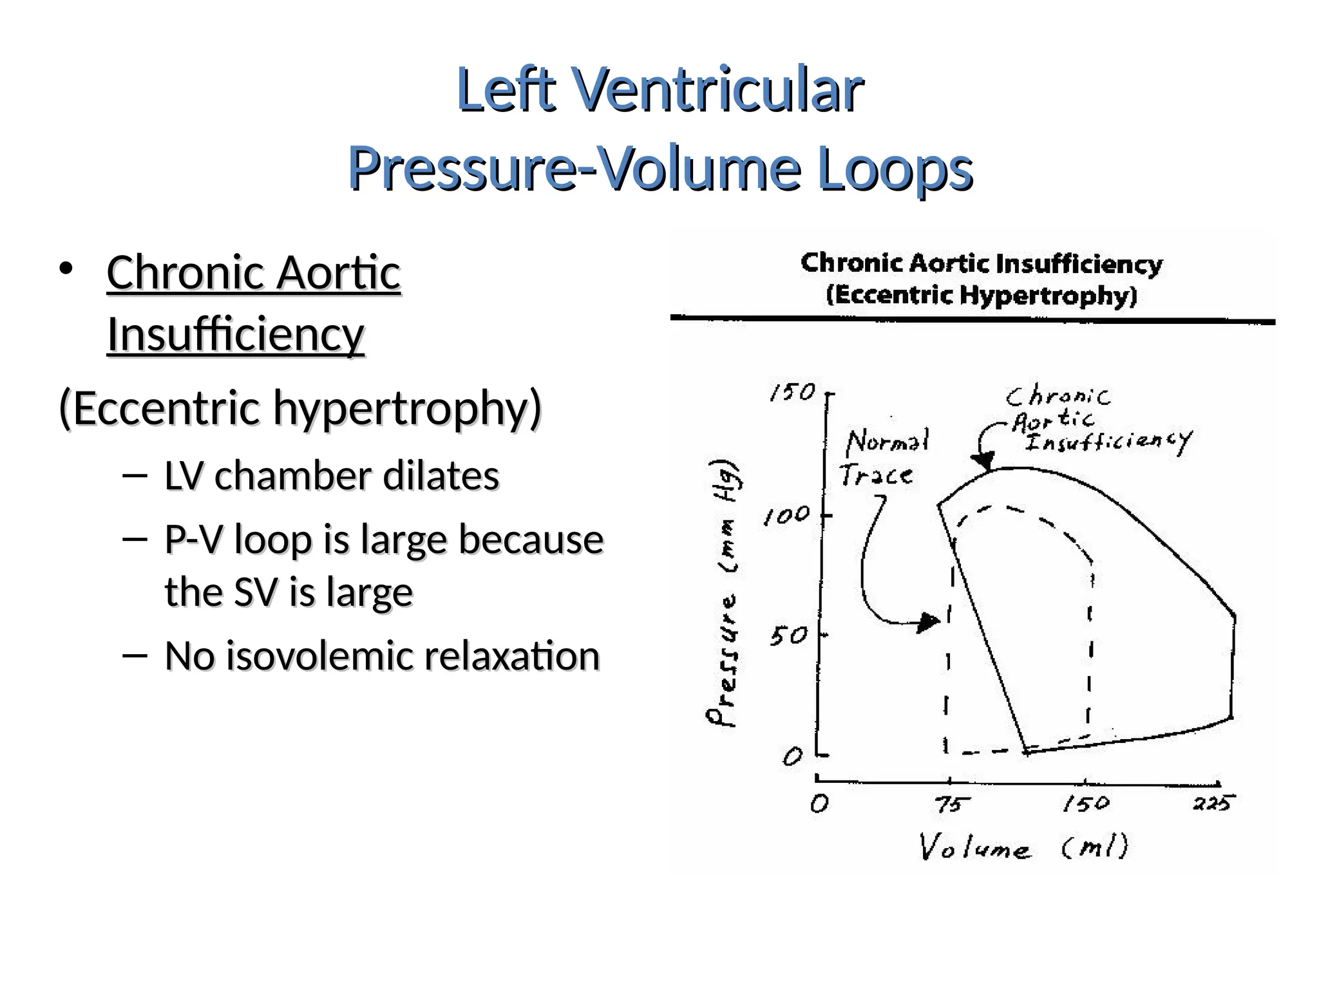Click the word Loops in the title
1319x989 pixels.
(895, 169)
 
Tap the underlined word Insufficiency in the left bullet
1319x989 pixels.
(236, 335)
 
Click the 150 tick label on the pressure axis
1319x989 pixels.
(793, 392)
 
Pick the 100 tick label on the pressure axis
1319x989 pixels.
(786, 516)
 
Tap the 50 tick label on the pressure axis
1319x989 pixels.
(789, 637)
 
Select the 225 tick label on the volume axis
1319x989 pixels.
(1213, 803)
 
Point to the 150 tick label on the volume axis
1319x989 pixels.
(1087, 804)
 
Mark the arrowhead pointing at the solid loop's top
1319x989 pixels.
(983, 461)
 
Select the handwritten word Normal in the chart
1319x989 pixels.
(887, 442)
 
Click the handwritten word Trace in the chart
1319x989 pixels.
(876, 475)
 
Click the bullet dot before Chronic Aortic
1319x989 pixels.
(66, 270)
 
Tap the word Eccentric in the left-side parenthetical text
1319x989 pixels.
(166, 408)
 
